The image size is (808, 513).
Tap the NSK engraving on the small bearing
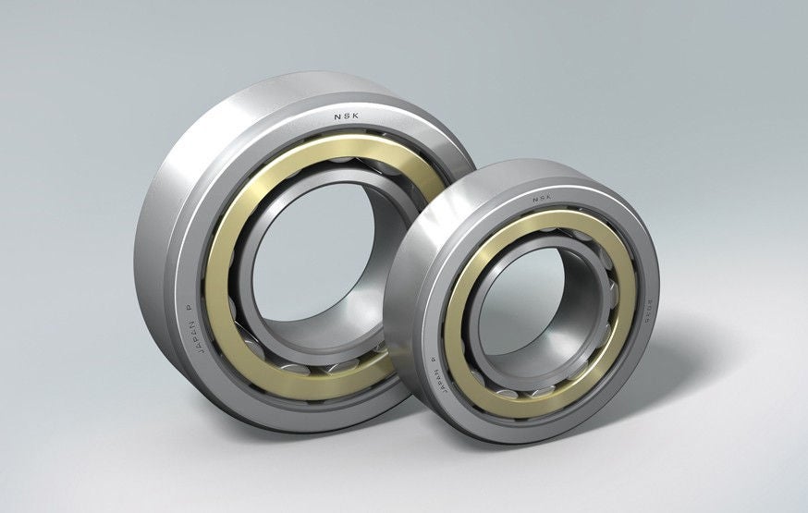541,196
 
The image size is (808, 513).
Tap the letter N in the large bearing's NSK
337,116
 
